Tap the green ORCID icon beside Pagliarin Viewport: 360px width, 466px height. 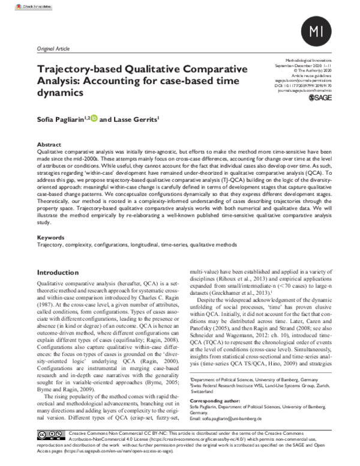(x=93, y=120)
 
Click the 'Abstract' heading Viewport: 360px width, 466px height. (x=50, y=145)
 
